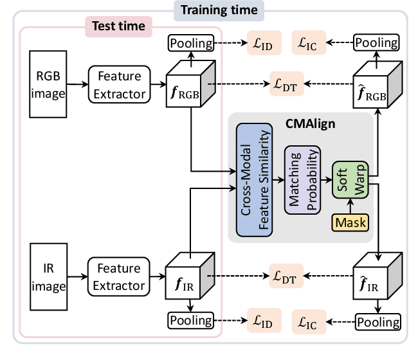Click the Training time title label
click(x=219, y=10)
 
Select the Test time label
click(x=118, y=27)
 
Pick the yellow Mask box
click(x=350, y=222)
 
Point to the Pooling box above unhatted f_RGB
click(x=191, y=44)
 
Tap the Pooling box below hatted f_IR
click(x=377, y=320)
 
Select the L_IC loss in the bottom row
click(x=309, y=319)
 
